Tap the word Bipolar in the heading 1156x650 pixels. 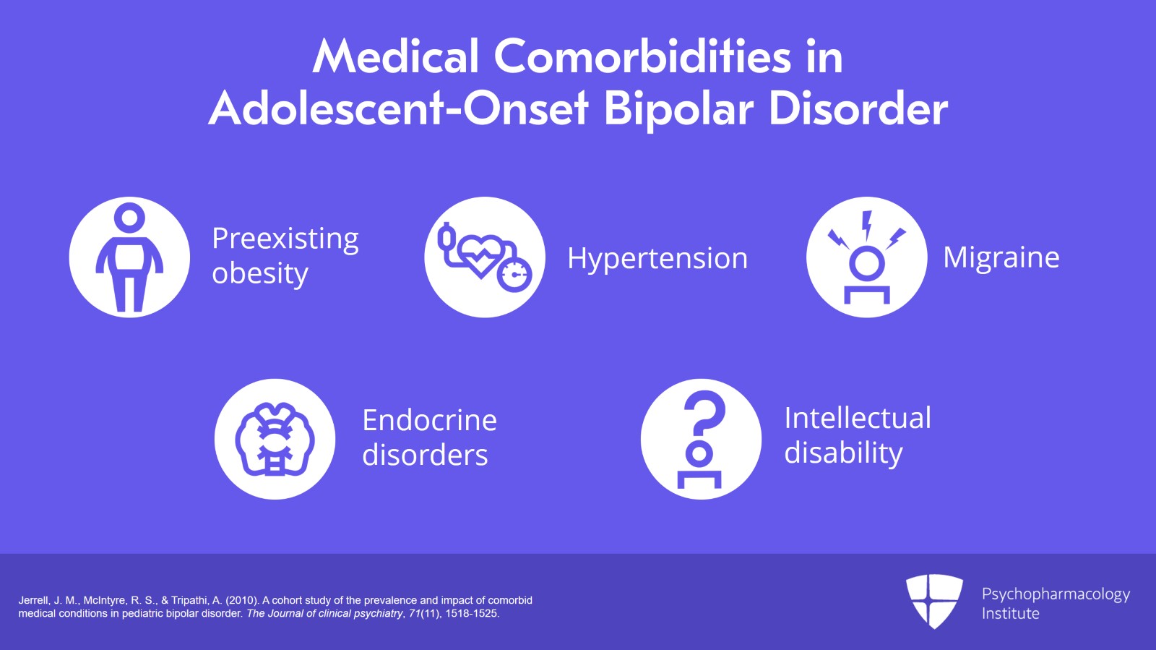678,109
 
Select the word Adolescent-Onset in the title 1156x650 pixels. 398,108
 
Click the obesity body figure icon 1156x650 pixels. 129,257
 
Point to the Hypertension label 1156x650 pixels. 657,258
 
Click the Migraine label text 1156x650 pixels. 1001,257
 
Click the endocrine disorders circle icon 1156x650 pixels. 275,439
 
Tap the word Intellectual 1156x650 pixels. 858,418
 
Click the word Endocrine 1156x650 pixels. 429,420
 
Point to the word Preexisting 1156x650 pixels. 285,239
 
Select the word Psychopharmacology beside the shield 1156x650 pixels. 1056,594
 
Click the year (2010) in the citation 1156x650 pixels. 241,600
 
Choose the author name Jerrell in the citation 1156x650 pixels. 34,600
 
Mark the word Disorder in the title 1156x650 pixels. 858,108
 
